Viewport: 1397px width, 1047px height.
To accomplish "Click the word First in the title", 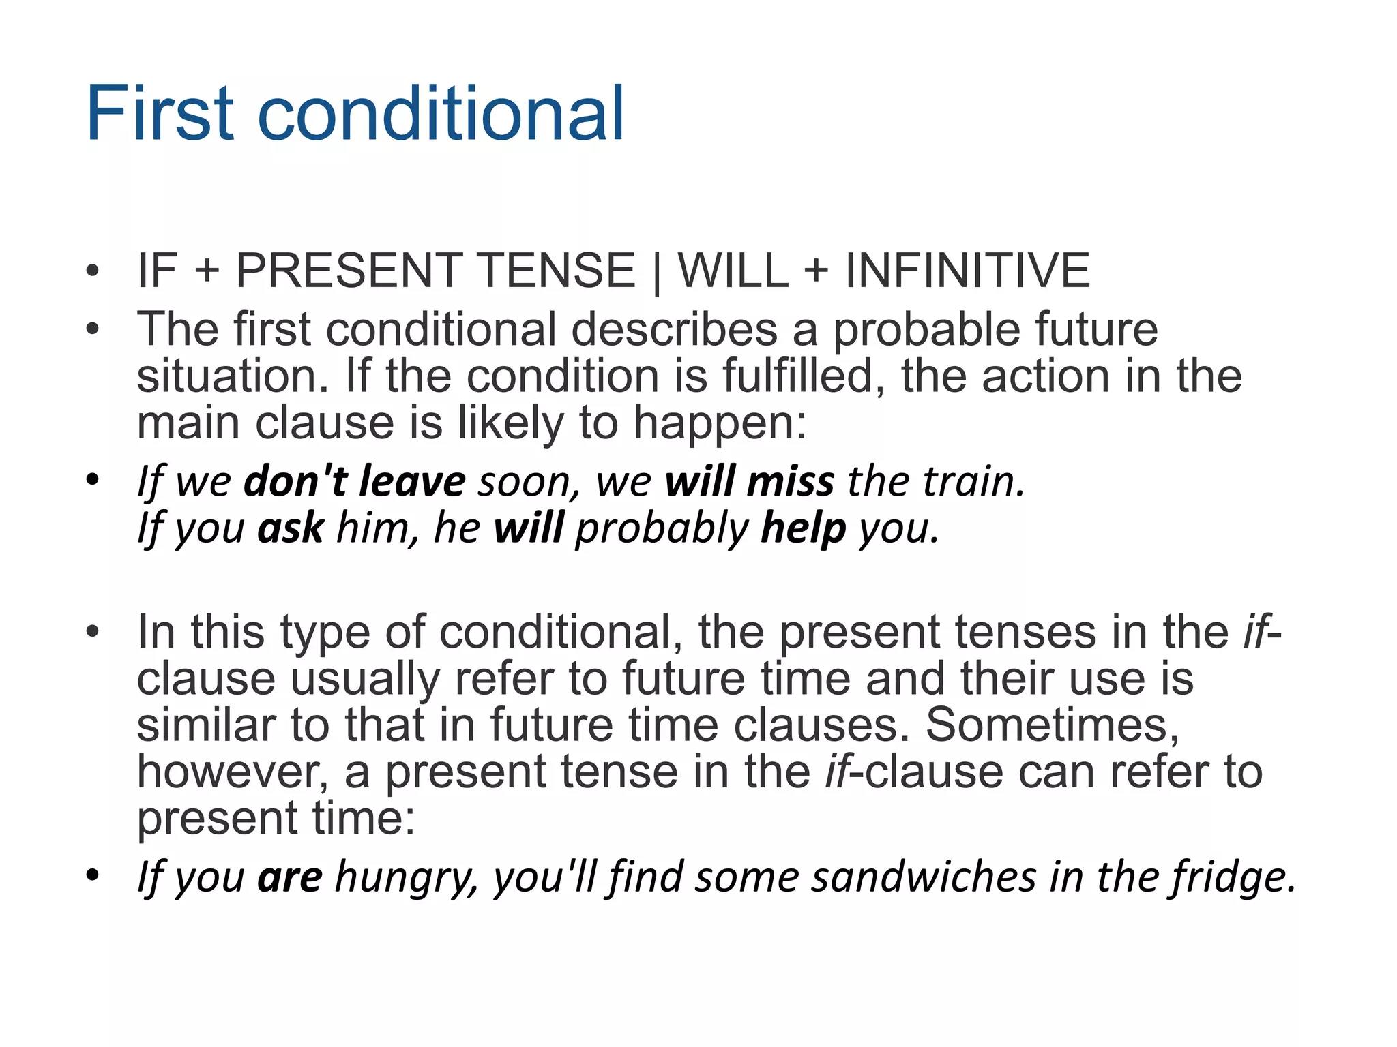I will click(161, 114).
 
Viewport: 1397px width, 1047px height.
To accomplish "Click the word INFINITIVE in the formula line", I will click(967, 271).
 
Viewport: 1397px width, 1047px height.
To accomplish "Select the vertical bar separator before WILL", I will click(656, 272).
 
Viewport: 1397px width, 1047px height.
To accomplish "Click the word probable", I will click(926, 331).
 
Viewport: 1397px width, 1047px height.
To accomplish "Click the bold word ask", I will click(291, 528).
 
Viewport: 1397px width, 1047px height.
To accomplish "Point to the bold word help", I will click(803, 528).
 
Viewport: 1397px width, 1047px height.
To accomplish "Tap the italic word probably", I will click(662, 530).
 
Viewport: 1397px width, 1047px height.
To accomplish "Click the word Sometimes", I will click(1051, 725).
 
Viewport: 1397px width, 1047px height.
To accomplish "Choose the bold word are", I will click(290, 878).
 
